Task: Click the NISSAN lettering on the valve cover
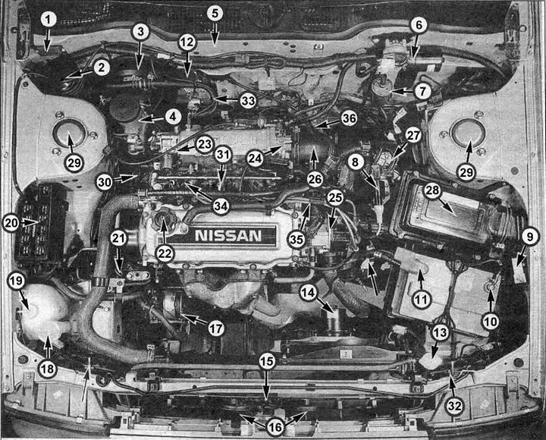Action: click(x=228, y=235)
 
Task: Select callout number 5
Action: click(x=215, y=13)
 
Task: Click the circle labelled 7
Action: click(x=422, y=90)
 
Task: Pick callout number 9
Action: click(x=530, y=237)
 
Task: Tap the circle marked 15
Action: click(x=266, y=361)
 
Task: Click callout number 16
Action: click(x=275, y=427)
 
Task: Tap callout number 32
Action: click(x=453, y=407)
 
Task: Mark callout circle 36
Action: click(x=349, y=118)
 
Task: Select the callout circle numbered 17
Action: click(x=216, y=328)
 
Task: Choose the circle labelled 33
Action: click(x=248, y=99)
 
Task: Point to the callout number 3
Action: click(x=140, y=31)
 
